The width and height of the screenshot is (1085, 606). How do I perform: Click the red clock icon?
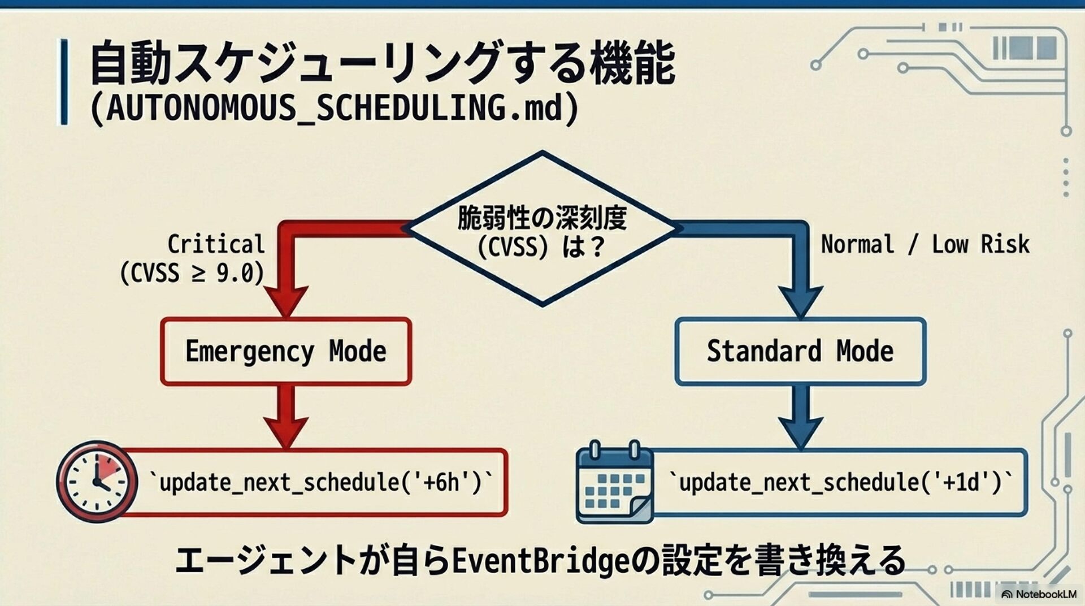coord(97,482)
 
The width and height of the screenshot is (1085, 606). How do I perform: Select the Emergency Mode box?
coord(286,352)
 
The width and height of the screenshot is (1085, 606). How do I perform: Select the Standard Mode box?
coord(800,352)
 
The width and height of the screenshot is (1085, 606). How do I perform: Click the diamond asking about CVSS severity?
coord(542,229)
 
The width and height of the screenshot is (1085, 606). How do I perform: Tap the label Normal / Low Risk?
coord(925,244)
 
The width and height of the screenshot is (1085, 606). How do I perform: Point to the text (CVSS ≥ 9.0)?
coord(192,273)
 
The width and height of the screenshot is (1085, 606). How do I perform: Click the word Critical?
coord(216,244)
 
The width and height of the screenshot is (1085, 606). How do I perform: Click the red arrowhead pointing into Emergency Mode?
coord(286,300)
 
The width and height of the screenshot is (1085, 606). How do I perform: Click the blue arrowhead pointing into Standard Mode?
coord(800,300)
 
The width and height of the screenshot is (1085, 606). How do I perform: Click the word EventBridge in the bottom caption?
coord(541,561)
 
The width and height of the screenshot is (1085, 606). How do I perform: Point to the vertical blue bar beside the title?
coord(64,81)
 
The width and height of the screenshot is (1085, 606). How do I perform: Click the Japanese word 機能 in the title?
coord(632,62)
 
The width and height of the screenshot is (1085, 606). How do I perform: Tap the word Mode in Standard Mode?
coord(865,352)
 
